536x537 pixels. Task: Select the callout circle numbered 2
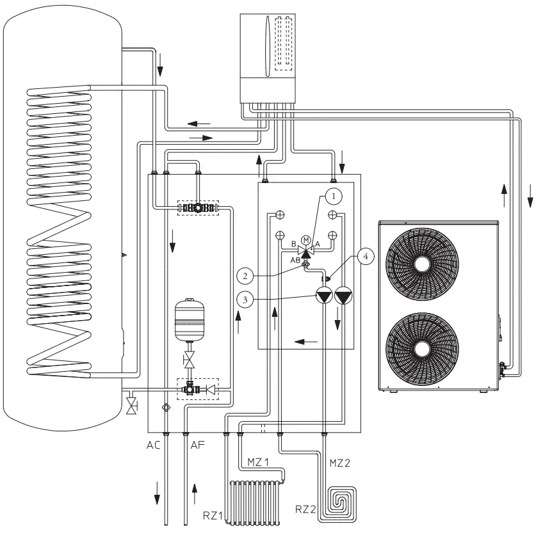pos(245,276)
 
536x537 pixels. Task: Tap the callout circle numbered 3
pos(245,298)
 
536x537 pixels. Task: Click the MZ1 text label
pos(259,461)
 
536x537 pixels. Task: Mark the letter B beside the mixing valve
pos(293,244)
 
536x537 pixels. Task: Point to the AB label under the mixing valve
pos(295,260)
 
